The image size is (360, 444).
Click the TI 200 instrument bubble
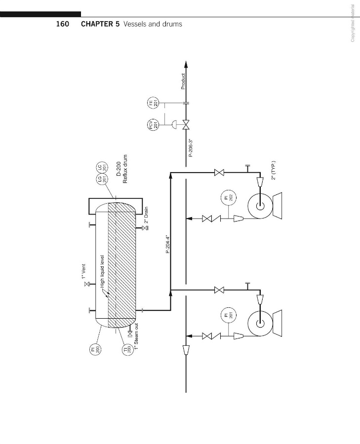tap(127, 349)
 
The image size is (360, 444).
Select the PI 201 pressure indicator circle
tap(229, 315)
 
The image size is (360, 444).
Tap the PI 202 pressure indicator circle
tap(229, 198)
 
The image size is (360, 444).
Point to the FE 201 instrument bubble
tap(153, 103)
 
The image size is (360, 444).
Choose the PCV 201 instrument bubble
tap(153, 124)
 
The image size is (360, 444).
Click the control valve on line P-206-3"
tap(186, 124)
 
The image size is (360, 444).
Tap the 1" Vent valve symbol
tap(87, 284)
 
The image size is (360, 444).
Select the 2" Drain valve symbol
tap(146, 227)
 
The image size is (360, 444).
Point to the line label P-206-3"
tap(191, 148)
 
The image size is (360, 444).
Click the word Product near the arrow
tap(183, 81)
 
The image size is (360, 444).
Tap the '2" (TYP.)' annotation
tap(274, 171)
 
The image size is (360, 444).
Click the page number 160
tap(62, 24)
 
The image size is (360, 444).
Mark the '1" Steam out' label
tap(137, 336)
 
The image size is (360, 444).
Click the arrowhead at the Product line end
tap(186, 64)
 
